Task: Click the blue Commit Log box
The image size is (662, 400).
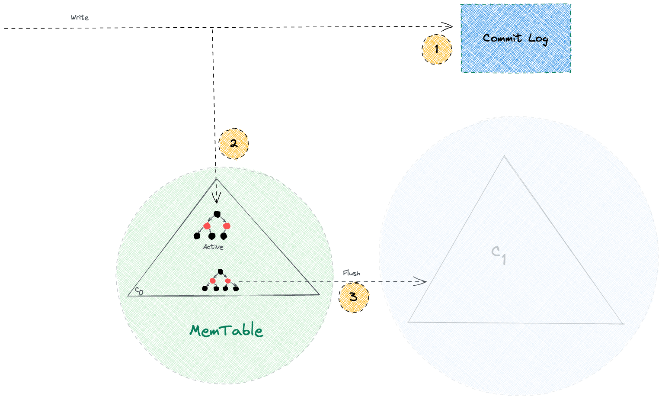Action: (x=515, y=38)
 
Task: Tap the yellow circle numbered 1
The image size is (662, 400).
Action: (x=437, y=49)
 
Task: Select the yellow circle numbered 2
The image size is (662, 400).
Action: (x=233, y=144)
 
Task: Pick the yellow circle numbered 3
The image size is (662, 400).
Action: (x=354, y=297)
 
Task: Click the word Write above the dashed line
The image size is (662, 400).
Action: (x=80, y=17)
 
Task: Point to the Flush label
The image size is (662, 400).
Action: (x=352, y=273)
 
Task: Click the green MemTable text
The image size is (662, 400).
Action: (x=226, y=331)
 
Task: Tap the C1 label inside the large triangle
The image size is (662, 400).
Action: (x=499, y=255)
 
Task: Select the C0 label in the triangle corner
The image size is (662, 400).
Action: (x=139, y=290)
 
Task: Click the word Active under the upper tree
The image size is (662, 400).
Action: (x=213, y=247)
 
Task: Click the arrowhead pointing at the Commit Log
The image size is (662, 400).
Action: (x=450, y=26)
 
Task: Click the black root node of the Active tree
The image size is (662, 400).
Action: (x=217, y=214)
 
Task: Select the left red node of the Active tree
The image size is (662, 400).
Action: (x=207, y=226)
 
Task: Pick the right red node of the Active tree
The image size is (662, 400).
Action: (x=227, y=226)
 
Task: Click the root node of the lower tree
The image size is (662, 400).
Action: (x=221, y=271)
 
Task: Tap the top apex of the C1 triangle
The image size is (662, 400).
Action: (x=504, y=157)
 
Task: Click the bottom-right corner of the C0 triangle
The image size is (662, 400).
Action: (x=319, y=295)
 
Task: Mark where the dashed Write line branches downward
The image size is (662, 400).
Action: (x=212, y=28)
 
